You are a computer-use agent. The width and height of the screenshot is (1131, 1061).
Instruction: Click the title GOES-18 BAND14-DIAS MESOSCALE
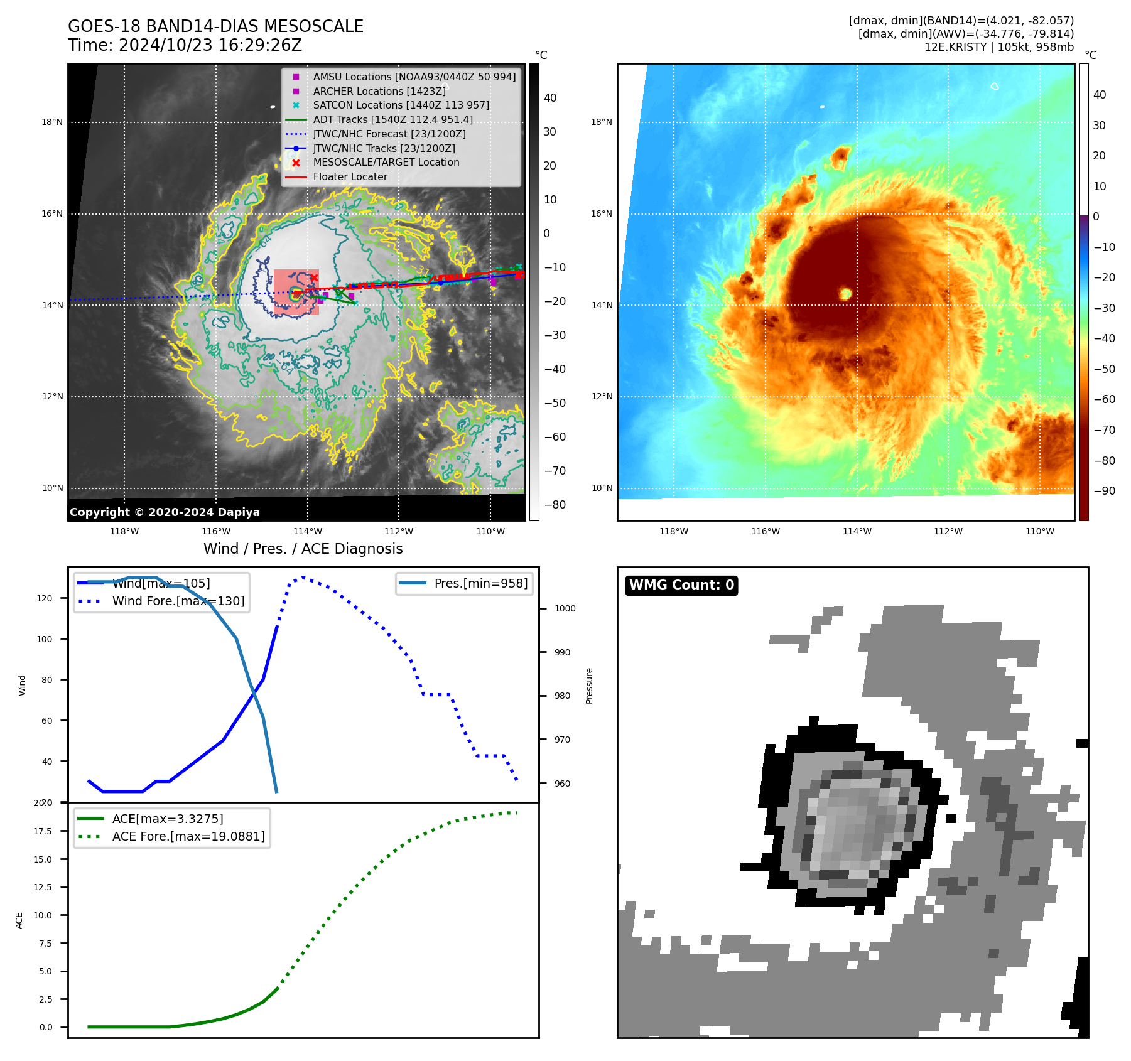pos(215,26)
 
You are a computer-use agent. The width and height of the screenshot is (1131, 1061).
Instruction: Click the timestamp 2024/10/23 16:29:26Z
pos(210,46)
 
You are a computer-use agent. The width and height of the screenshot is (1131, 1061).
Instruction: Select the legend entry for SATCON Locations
pos(401,105)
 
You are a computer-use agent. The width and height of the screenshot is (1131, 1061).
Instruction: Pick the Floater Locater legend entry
pos(350,176)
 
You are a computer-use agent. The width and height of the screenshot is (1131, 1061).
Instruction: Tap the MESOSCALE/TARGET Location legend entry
pos(386,162)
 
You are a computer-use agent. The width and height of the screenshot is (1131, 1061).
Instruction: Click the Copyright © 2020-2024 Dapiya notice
pos(165,512)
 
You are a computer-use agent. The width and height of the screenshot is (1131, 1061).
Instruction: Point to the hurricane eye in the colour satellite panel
pos(846,293)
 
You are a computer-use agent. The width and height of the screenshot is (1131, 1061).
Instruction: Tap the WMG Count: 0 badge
pos(681,585)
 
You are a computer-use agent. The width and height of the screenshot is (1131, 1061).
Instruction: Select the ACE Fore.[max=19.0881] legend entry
pos(188,836)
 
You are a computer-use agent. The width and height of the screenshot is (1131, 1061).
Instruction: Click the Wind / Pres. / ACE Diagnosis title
pos(303,549)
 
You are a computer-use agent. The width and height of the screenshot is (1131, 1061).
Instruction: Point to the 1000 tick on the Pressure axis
pos(565,608)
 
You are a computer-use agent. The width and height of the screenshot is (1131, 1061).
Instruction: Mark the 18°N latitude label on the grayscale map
pos(52,122)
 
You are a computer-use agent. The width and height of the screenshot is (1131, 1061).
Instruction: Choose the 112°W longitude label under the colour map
pos(948,531)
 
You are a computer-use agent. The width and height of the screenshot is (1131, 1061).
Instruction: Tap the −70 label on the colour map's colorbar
pos(1104,430)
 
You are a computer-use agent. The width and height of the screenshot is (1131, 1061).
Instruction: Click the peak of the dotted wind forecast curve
pos(303,577)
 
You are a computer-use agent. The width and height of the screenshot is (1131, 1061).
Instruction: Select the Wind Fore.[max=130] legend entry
pos(178,601)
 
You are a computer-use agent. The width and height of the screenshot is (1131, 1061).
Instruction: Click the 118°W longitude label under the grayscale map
pos(124,531)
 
